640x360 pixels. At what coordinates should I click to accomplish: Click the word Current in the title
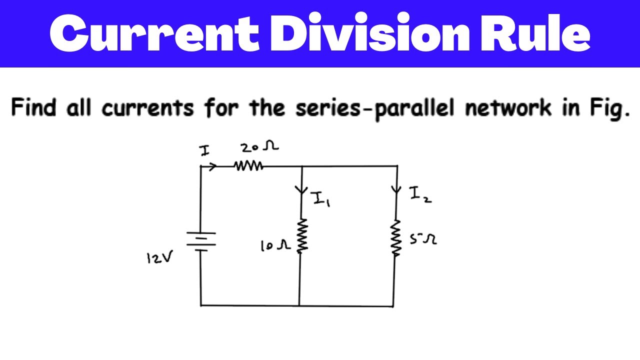[149, 33]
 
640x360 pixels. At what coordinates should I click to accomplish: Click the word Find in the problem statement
[33, 108]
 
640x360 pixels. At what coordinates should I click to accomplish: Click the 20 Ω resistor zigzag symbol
[249, 166]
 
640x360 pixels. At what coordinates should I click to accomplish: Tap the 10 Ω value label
[274, 245]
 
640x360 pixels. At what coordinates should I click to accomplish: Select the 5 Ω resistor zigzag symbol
[396, 237]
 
